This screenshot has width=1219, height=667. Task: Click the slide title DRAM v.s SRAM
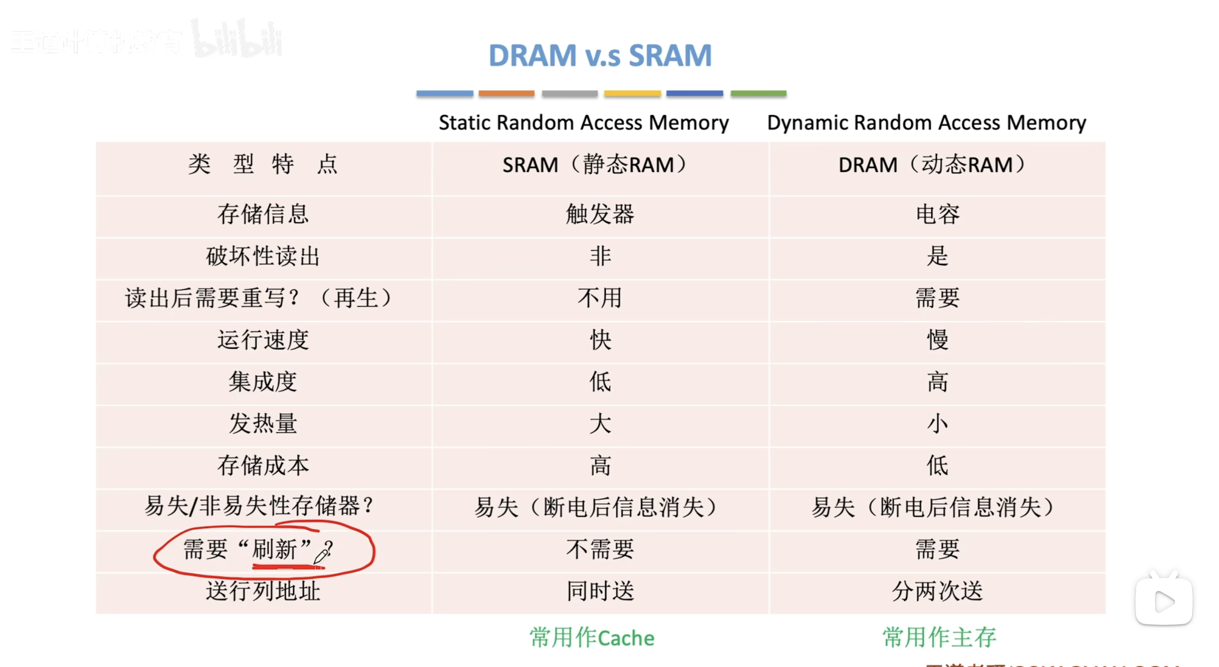[600, 55]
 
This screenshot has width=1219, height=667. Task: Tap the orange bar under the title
[506, 93]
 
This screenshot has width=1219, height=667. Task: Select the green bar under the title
[758, 93]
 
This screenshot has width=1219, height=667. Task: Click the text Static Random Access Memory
[584, 122]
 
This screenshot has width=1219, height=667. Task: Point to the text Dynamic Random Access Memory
[926, 122]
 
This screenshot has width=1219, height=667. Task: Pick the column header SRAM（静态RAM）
[595, 165]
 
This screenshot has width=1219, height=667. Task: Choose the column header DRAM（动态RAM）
[932, 165]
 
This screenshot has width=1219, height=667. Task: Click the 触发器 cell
[600, 214]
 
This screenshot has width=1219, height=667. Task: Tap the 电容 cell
[937, 214]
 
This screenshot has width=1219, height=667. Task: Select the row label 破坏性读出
[262, 256]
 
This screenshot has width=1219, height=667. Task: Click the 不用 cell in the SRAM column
[600, 298]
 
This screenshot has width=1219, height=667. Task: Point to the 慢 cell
[937, 340]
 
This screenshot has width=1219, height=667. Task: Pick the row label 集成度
[262, 382]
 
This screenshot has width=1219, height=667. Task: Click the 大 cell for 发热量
[600, 424]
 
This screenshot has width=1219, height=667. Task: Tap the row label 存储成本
[262, 465]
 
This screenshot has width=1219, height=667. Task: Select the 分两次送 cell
[937, 591]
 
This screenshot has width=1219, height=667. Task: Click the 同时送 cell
[600, 591]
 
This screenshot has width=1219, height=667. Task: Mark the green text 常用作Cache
[592, 638]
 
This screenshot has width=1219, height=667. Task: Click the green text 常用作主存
[939, 637]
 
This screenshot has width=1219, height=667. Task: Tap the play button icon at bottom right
[1164, 602]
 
